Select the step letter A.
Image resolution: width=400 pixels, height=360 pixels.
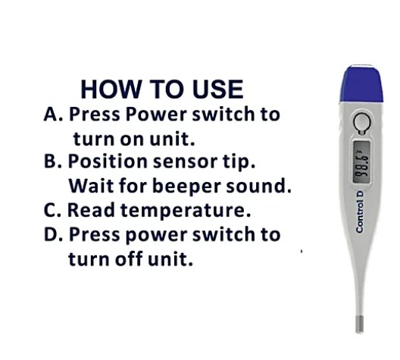point(51,114)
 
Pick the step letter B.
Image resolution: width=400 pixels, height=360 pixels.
point(50,161)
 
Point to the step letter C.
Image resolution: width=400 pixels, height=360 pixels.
point(50,210)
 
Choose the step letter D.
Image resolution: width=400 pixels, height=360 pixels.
point(51,234)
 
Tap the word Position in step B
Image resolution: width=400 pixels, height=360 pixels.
point(108,161)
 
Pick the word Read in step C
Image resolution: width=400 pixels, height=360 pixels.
point(91,210)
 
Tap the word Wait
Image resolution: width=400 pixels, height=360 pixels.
point(91,186)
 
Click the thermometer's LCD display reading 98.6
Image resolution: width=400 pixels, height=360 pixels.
point(361,161)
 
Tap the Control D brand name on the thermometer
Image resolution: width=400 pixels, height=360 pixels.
point(359,212)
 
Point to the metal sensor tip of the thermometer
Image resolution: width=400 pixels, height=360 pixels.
point(359,324)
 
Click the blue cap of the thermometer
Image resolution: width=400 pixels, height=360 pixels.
point(361,83)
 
